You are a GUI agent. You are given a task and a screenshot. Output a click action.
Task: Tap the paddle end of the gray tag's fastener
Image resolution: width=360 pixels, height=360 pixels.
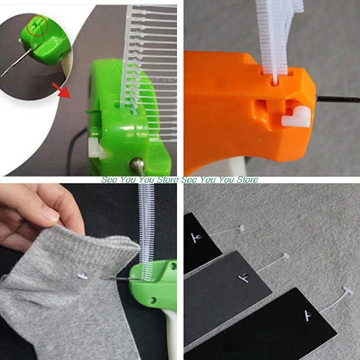[x=284, y=256]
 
